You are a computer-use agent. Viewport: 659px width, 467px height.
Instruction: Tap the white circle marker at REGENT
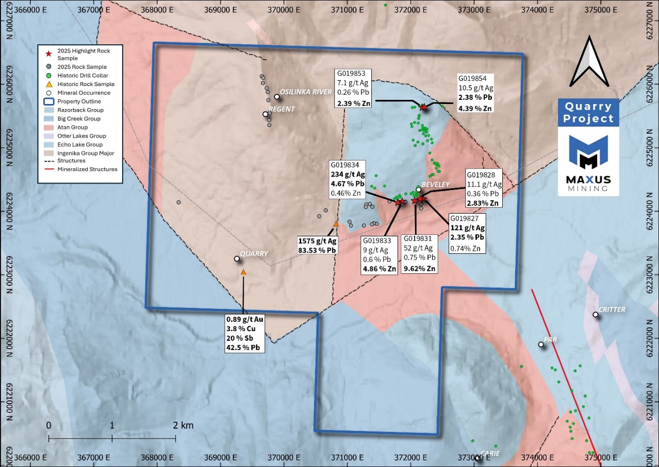pos(265,114)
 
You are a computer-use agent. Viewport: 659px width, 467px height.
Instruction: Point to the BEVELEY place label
pos(436,184)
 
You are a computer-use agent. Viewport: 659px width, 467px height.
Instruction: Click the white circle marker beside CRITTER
pos(596,314)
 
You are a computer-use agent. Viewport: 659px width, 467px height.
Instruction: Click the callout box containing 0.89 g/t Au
pos(245,334)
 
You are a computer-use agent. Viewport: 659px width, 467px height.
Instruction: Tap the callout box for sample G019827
pos(467,234)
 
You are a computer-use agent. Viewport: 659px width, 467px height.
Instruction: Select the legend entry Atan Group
pos(73,127)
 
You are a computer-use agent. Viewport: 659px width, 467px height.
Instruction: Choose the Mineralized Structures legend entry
pos(87,169)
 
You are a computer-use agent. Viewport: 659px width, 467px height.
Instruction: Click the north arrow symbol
pos(588,61)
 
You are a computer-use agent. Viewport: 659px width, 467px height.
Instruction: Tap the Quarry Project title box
pos(588,112)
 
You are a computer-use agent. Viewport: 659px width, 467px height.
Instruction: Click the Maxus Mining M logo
pos(588,152)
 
